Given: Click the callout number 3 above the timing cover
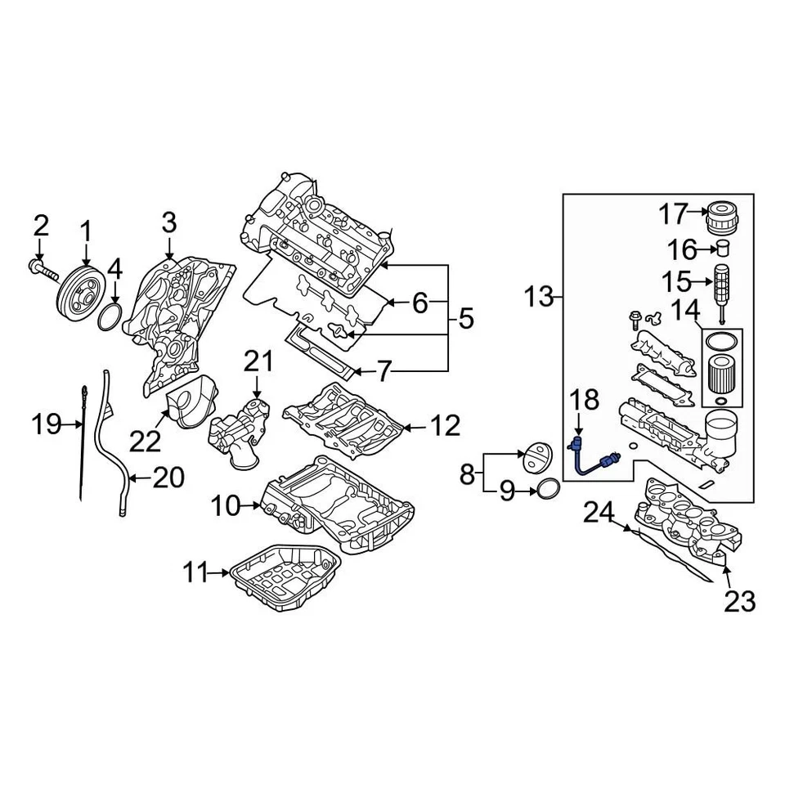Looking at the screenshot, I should (168, 222).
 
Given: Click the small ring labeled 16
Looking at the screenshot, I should (722, 249).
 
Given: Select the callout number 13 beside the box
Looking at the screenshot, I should (539, 298).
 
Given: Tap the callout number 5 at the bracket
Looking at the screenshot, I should (465, 318).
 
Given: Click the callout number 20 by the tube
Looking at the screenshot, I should (168, 478).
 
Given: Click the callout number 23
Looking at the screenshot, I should (739, 602).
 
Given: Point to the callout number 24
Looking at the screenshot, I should (598, 514).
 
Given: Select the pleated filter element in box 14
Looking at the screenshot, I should (719, 373).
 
